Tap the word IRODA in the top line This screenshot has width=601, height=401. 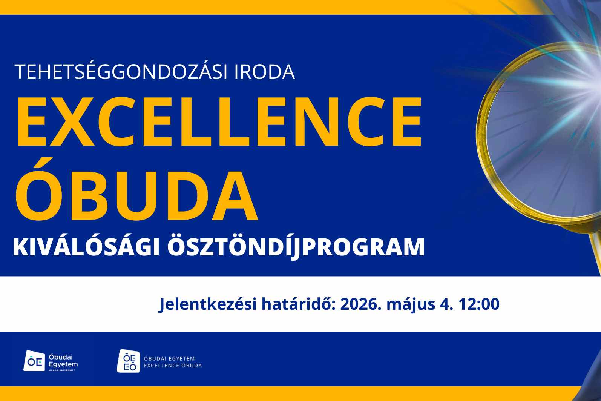(x=264, y=72)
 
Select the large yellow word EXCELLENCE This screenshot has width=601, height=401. (x=219, y=121)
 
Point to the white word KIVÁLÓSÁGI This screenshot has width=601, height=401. (x=87, y=247)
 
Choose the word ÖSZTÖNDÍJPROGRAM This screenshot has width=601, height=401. (x=296, y=247)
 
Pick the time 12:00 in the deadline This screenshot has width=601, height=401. (x=479, y=304)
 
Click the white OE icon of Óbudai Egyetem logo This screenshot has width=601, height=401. (x=34, y=361)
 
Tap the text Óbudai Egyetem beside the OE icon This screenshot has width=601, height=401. (x=63, y=361)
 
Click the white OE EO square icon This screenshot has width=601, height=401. (x=129, y=361)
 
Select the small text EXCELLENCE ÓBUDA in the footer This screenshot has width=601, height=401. (x=173, y=366)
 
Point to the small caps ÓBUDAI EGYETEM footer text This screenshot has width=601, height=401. (x=169, y=358)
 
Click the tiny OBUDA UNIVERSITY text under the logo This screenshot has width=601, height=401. (x=62, y=370)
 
